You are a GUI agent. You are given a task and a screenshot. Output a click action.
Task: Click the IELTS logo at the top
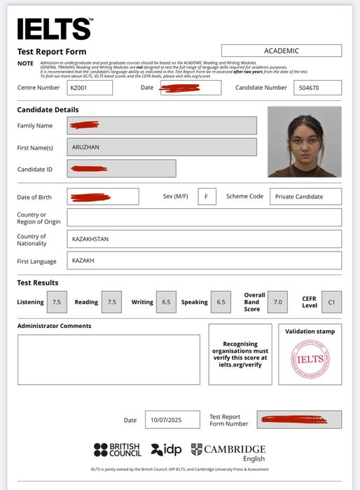pos(54,29)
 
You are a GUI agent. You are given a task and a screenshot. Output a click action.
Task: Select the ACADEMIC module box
pos(282,50)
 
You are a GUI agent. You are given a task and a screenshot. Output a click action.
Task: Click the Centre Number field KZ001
pos(90,88)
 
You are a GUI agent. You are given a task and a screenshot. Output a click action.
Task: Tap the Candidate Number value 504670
pos(317,88)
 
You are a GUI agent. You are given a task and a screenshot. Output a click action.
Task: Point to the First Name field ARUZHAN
pos(162,147)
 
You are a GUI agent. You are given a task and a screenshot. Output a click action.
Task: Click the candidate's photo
pos(305,142)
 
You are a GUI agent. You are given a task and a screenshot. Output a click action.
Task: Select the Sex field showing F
pos(207,196)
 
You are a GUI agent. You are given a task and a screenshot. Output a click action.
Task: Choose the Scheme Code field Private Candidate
pos(305,196)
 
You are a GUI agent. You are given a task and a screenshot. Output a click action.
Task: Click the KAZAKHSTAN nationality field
pos(204,239)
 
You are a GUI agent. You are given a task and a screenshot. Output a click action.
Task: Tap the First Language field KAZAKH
pos(204,260)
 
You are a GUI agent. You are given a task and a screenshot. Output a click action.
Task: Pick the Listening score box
pos(57,302)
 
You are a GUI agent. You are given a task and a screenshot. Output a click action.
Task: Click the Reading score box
pos(111,302)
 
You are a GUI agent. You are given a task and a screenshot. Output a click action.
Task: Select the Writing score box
pos(166,302)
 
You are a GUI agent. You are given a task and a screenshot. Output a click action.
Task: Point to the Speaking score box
pos(221,302)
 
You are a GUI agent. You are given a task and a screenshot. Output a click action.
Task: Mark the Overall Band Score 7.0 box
pos(278,302)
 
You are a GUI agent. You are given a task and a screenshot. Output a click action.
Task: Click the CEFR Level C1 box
pos(331,302)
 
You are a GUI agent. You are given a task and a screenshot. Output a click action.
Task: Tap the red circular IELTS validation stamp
pos(310,359)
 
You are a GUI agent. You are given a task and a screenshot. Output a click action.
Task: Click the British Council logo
pos(118,449)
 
